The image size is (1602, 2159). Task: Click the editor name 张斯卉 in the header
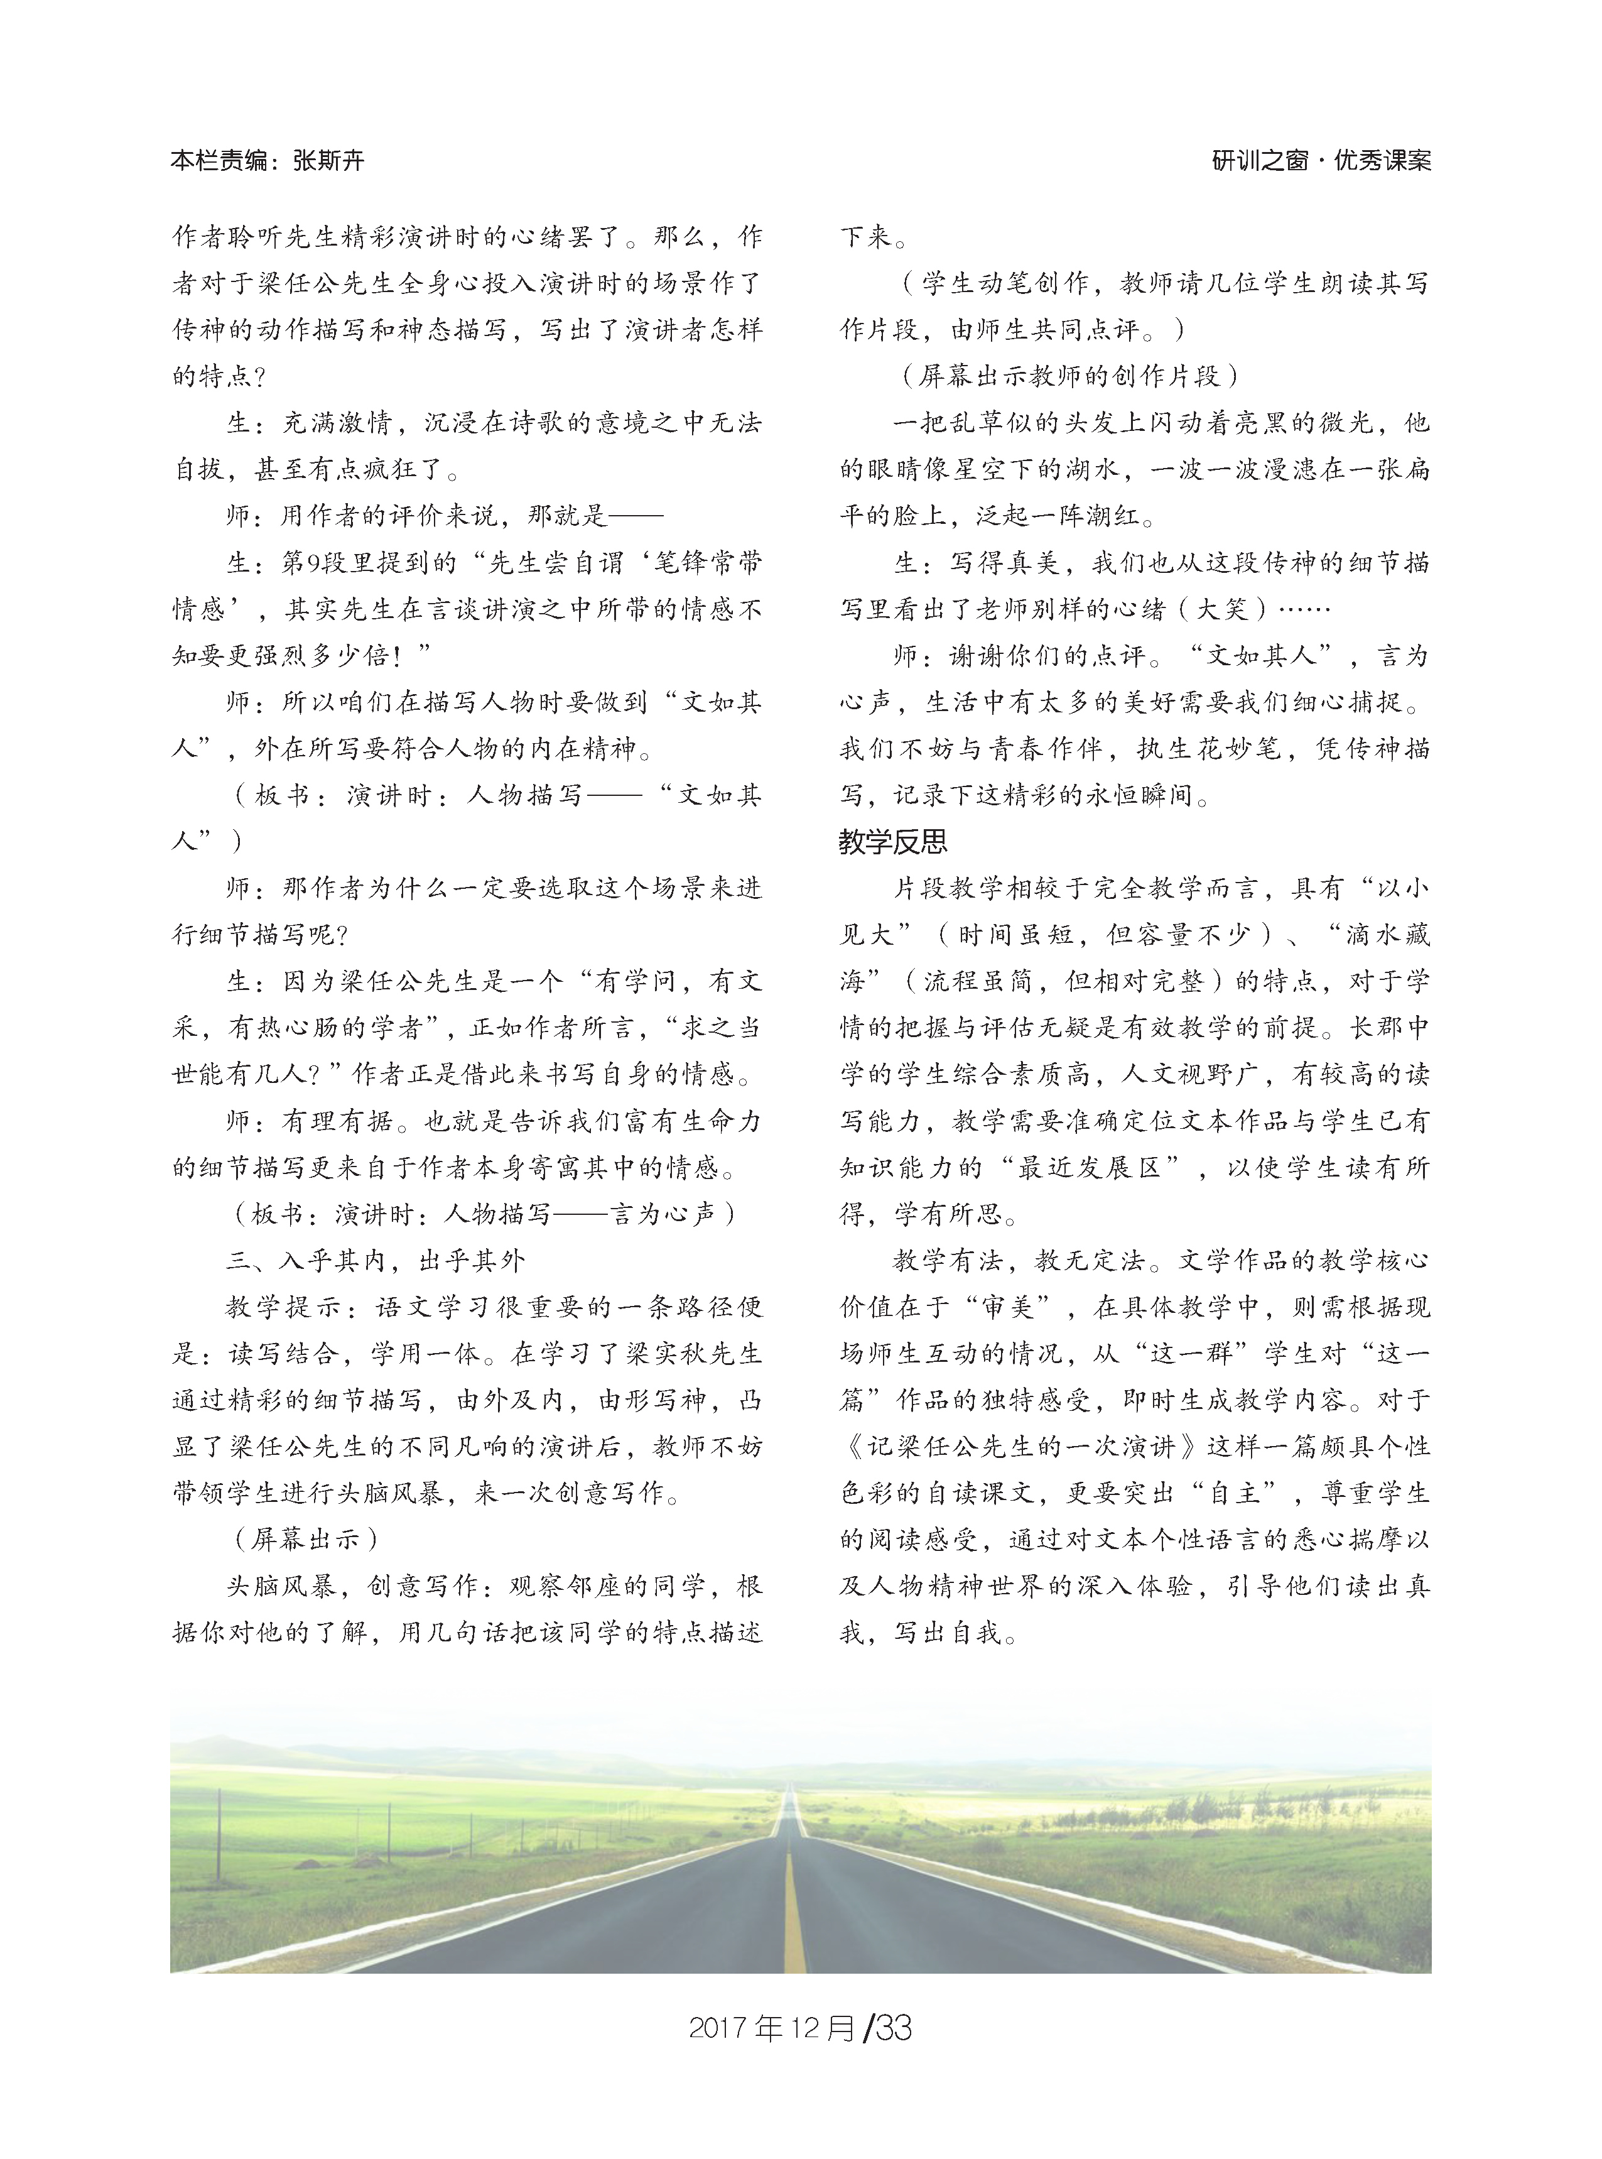click(328, 160)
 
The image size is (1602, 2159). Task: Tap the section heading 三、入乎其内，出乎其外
click(376, 1260)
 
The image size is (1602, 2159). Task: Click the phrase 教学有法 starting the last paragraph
click(948, 1260)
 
